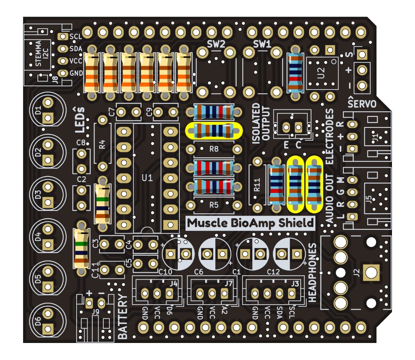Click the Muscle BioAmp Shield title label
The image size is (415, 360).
point(251,223)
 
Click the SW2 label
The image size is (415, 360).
point(216,44)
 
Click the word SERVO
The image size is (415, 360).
point(362,103)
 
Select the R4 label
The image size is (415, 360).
point(102,143)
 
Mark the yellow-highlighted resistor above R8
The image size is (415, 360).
point(213,131)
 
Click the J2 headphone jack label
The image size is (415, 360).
point(356,272)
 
